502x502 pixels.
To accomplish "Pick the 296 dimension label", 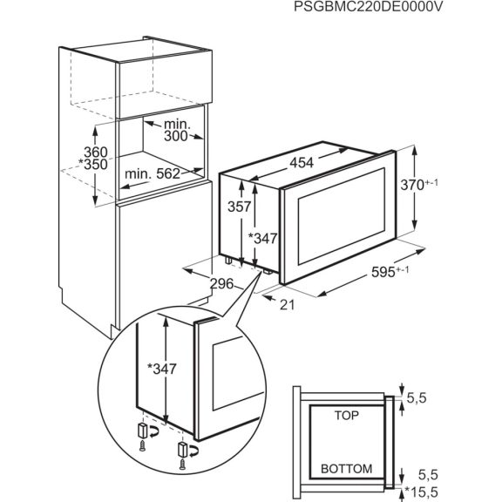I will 223,282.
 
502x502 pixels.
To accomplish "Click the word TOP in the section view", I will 345,417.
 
